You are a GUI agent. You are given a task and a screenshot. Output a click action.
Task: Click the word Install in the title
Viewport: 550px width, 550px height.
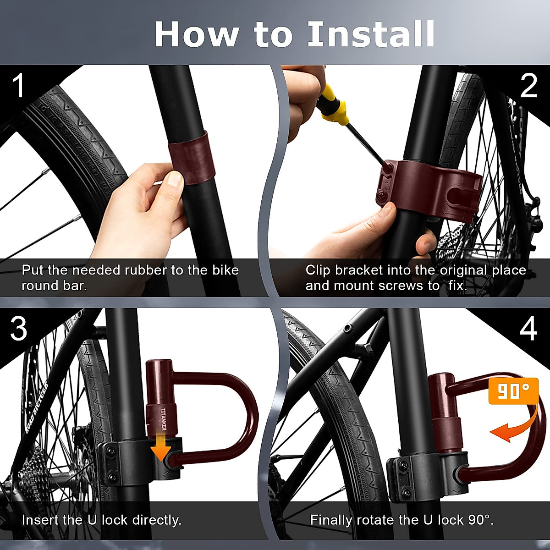click(371, 34)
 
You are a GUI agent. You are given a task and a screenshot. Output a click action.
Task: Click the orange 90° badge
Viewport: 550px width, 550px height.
click(513, 391)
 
